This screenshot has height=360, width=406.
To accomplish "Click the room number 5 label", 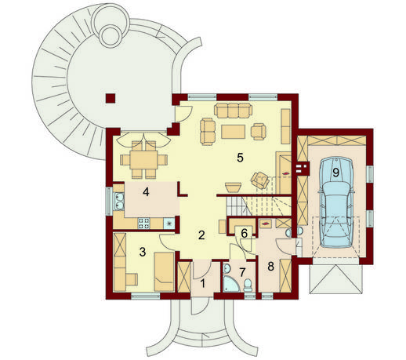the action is click(240, 158).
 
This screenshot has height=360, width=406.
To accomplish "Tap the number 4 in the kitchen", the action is click(146, 192).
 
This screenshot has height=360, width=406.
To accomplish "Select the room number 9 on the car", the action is click(335, 173).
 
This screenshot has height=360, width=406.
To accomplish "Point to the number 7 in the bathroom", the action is click(242, 272).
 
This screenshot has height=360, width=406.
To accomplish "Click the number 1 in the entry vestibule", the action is click(203, 283).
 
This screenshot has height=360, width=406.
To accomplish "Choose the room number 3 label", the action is click(143, 252).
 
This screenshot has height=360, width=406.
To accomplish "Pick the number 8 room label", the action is click(270, 266).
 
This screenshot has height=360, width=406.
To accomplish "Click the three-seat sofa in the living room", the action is click(233, 111).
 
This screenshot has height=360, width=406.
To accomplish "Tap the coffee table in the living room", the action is click(233, 132).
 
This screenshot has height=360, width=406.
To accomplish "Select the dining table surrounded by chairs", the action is click(143, 160).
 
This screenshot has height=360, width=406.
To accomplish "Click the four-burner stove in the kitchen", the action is click(143, 224).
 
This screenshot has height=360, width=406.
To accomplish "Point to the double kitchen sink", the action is click(119, 201).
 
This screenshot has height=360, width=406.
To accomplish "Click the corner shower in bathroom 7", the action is click(231, 284).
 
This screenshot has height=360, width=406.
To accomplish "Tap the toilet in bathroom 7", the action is click(247, 285).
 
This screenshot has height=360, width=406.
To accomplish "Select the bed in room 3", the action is click(164, 271).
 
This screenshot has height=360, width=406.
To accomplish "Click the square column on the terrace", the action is click(111, 98).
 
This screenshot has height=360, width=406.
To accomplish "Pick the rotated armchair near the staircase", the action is click(260, 180).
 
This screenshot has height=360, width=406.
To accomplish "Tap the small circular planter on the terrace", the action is click(111, 36).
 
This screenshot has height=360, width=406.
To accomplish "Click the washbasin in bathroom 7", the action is click(227, 268).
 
